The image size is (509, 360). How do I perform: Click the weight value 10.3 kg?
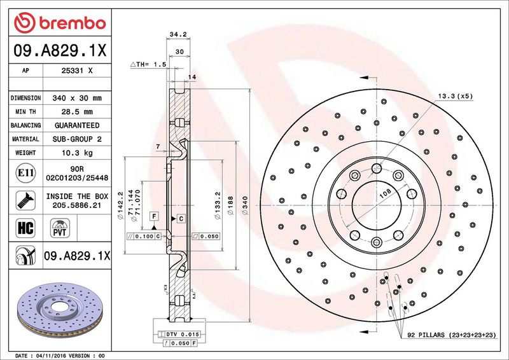click(78, 153)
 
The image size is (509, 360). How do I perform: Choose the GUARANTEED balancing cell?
click(78, 125)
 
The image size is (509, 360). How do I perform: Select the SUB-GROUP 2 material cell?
click(78, 139)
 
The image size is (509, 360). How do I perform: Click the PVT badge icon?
click(61, 227)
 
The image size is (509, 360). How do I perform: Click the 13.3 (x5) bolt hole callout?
click(456, 96)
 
